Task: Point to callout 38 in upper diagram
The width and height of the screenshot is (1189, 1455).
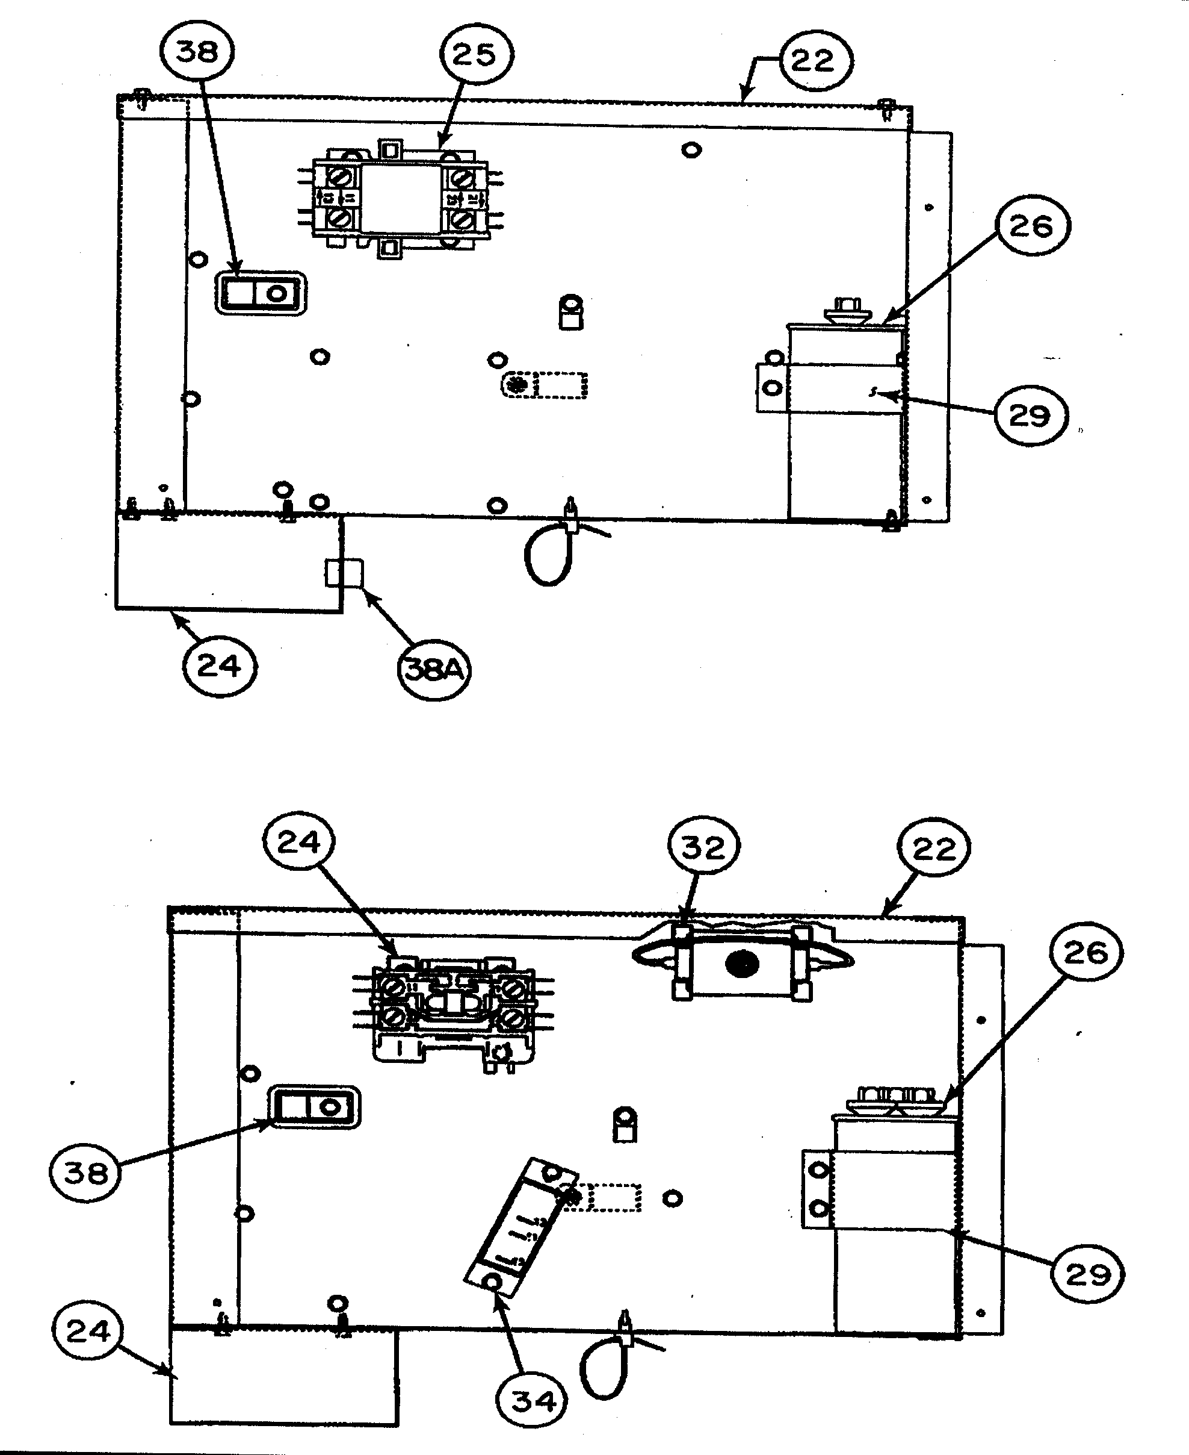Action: coord(197,51)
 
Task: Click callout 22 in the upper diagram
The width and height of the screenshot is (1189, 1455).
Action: coord(814,60)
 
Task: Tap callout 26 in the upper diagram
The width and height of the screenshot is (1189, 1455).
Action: coord(1033,225)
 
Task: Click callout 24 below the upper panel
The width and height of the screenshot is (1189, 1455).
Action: coord(219,665)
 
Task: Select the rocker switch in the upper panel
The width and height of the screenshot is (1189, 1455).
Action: coord(261,293)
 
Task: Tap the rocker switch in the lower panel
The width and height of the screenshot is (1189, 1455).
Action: coord(317,1106)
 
